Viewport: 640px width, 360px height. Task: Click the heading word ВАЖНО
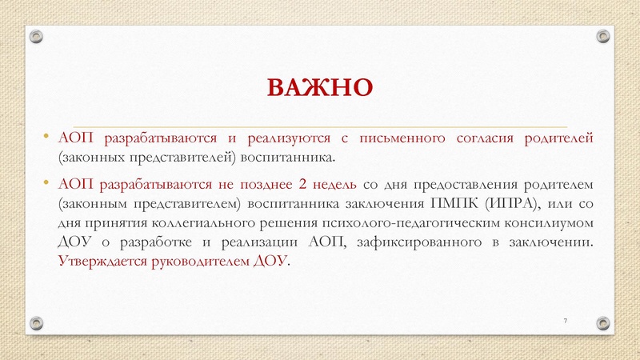320,86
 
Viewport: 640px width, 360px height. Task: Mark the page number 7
566,320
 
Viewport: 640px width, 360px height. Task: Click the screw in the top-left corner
36,35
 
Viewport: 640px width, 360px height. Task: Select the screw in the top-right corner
603,35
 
